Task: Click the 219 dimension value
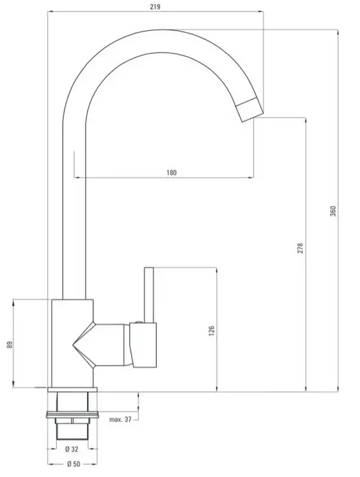(x=155, y=7)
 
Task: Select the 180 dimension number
(x=172, y=172)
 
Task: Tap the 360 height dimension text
(x=333, y=211)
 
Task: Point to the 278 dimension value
(x=300, y=248)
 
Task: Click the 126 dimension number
(x=212, y=331)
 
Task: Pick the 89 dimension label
(x=10, y=345)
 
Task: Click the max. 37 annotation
(x=120, y=419)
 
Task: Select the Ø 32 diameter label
(x=72, y=449)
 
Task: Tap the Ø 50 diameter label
(x=73, y=464)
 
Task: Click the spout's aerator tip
(x=250, y=110)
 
